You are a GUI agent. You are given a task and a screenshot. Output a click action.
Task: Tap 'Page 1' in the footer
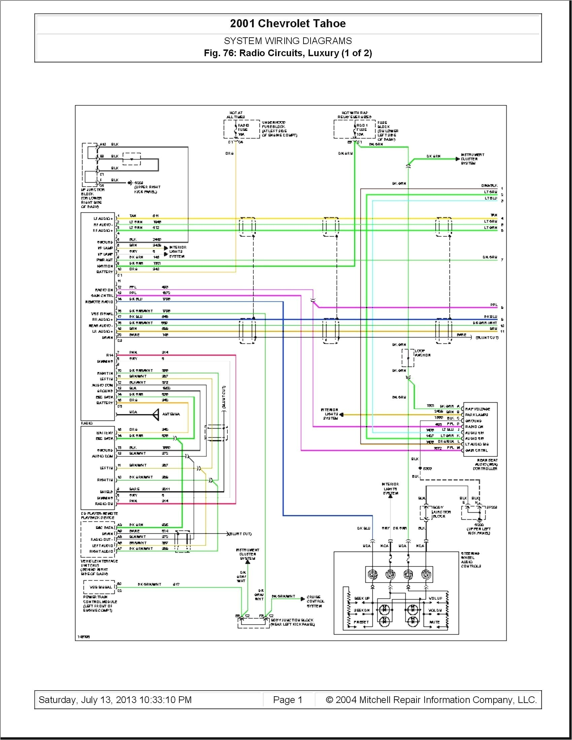[287, 700]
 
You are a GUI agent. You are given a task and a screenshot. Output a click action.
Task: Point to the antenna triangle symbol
[156, 414]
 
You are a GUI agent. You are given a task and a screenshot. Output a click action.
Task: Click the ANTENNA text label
[171, 414]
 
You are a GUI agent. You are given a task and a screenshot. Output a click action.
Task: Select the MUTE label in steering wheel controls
[434, 622]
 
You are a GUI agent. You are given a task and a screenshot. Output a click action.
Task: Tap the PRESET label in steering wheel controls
[361, 622]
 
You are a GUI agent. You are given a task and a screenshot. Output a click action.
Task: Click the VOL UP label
[435, 598]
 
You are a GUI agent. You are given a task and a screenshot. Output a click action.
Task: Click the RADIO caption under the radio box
[86, 423]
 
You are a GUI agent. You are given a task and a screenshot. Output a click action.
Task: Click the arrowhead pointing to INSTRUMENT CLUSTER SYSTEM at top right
[458, 158]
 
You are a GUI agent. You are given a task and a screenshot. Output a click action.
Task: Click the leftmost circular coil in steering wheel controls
[373, 574]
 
